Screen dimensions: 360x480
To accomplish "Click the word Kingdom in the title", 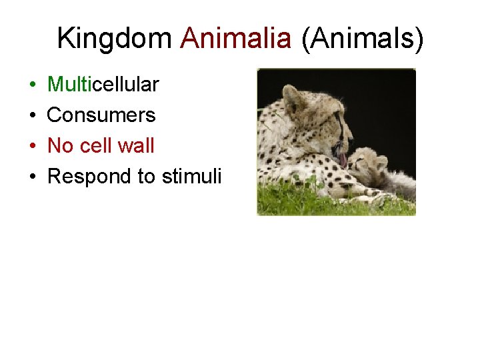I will (x=114, y=39).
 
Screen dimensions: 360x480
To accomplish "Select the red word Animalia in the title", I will (x=236, y=39).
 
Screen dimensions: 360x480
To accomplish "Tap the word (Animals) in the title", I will (x=362, y=39).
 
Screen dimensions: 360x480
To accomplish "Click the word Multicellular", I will (x=103, y=85).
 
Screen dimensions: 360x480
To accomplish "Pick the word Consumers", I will (x=101, y=115).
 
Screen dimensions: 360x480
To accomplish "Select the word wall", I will (x=137, y=145).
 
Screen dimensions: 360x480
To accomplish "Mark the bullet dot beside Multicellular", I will (x=33, y=85).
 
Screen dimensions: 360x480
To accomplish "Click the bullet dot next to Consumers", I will (x=33, y=116).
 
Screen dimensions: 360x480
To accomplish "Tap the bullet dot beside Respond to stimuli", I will (x=33, y=177).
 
